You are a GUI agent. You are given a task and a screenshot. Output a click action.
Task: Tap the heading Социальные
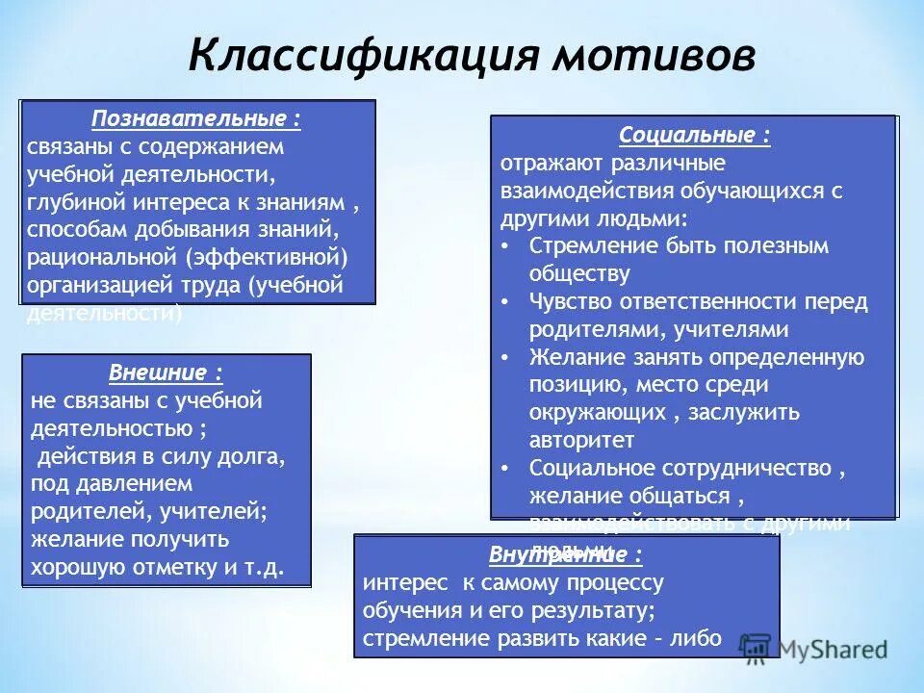694,135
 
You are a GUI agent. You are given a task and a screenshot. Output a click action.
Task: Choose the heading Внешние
166,372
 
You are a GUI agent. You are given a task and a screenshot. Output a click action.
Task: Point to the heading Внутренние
565,555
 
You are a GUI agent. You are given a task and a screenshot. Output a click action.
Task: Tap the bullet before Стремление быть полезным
507,245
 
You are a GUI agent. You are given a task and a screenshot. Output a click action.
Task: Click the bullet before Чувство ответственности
507,301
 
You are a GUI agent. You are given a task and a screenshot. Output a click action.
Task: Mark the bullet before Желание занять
507,357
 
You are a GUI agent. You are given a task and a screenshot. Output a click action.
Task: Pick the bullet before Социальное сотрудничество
507,469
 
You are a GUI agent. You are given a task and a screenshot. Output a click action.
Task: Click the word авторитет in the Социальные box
581,441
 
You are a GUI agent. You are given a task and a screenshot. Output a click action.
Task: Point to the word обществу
579,273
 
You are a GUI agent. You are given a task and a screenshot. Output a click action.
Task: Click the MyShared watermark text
833,649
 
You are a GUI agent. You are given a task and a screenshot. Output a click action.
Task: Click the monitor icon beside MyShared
757,647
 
